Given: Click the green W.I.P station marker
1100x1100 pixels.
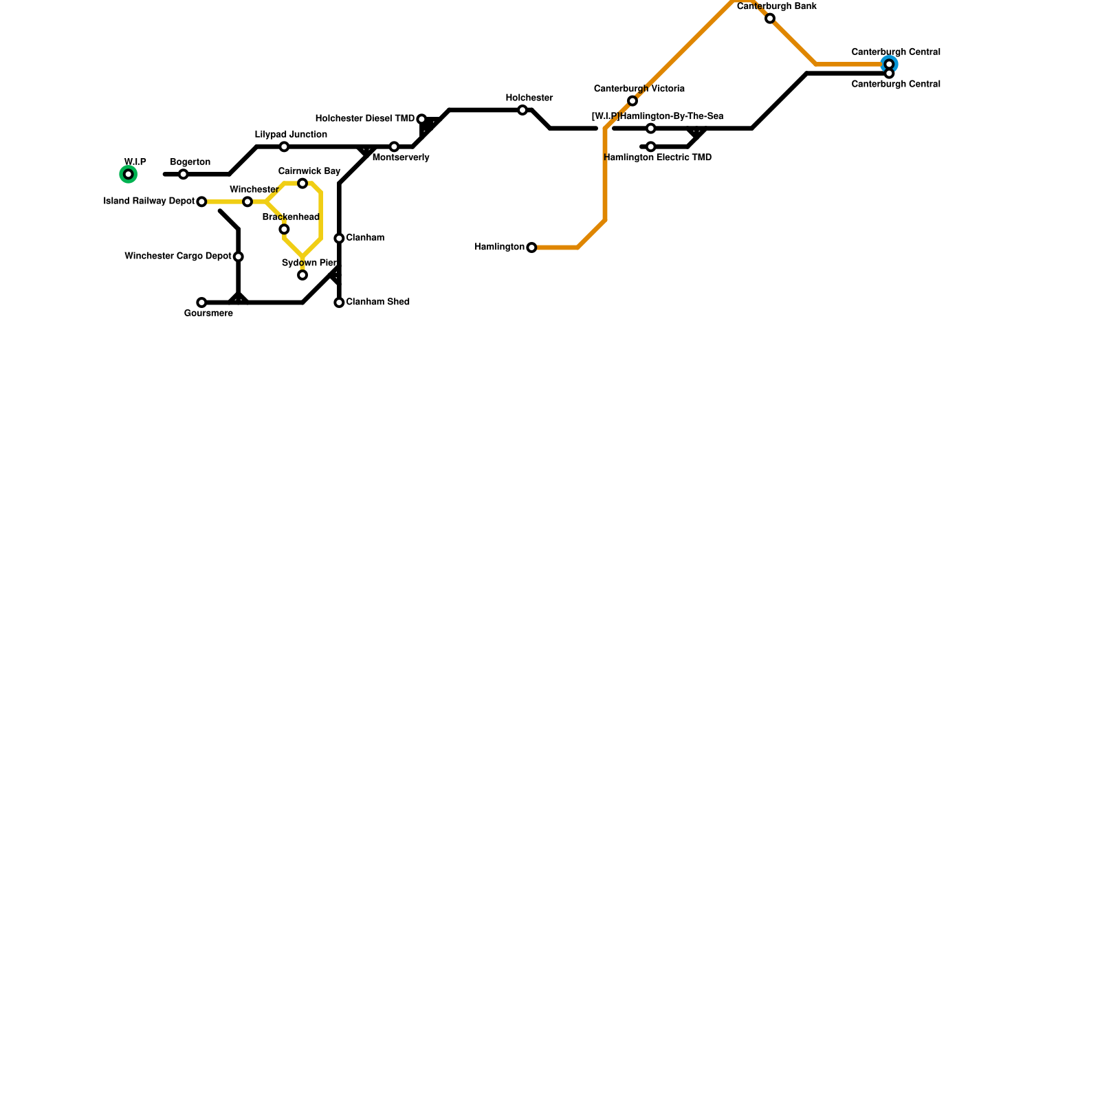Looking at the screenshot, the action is pos(128,174).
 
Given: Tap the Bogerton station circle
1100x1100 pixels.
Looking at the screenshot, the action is pos(183,174).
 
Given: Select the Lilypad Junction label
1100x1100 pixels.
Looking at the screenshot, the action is pos(291,135).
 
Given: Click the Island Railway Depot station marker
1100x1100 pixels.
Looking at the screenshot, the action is pos(201,201).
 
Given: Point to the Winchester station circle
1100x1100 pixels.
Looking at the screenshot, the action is pos(247,201).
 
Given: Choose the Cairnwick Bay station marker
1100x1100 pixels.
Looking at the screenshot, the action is pos(302,183).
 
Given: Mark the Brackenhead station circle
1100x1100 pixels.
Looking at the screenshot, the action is pos(284,229).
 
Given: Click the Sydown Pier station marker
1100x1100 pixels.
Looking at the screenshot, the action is pos(302,275).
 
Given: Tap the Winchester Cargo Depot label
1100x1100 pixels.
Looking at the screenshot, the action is pos(178,256).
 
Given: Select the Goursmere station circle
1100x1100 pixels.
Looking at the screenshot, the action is pos(201,302).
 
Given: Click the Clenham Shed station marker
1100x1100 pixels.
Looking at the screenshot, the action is pos(339,302).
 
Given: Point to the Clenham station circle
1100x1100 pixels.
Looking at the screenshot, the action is pos(339,238).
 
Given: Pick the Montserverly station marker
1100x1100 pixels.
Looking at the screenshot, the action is pos(394,146).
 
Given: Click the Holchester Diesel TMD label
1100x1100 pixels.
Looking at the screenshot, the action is pos(365,119).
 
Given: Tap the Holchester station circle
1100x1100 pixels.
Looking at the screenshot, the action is pos(522,110).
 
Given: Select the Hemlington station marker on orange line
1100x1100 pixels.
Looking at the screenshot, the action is pos(531,247).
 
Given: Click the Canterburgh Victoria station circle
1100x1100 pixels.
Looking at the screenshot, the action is pos(632,101).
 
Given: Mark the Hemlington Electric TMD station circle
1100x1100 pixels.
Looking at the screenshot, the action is pos(650,146).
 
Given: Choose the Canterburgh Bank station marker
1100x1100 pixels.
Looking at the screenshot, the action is pos(770,19).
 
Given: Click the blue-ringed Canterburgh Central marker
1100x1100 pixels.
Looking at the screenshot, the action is pos(889,64).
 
